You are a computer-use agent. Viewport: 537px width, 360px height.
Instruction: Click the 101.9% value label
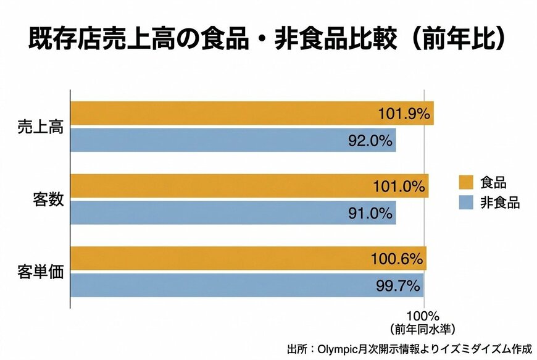click(404, 114)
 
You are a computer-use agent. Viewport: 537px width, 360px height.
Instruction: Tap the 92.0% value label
click(369, 140)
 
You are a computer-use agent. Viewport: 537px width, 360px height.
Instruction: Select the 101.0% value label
click(399, 186)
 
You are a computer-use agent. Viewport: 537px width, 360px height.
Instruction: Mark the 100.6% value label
click(396, 258)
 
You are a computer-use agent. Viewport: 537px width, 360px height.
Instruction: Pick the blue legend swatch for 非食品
click(465, 202)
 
